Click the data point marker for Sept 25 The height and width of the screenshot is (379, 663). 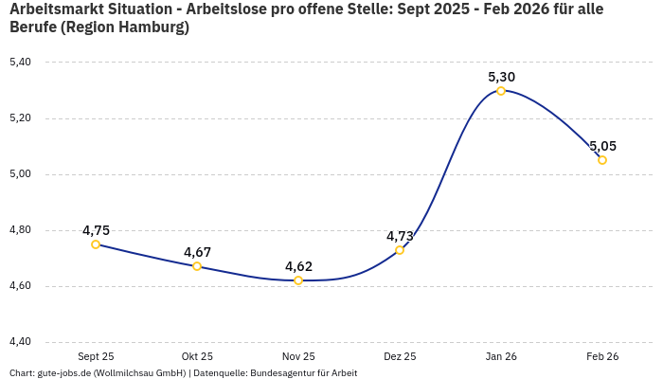coord(96,244)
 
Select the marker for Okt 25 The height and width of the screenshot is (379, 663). coord(197,266)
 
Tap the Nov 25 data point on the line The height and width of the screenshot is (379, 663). coord(298,280)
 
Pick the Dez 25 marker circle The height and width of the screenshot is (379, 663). coord(400,250)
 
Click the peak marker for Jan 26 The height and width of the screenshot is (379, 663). coord(501,91)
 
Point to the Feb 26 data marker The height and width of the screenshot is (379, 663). coord(602,160)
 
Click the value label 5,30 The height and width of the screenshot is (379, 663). coord(501,77)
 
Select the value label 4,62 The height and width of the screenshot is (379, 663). coord(298,266)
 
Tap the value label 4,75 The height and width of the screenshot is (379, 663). coord(96,230)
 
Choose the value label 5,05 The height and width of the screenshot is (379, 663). coord(602,146)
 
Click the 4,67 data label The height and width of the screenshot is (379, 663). coord(197,252)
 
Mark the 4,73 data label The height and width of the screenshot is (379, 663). coord(400,236)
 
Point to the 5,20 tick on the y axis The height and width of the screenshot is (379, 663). coord(20,118)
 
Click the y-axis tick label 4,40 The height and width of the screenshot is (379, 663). coord(20,342)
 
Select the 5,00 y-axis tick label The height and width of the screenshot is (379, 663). coord(20,174)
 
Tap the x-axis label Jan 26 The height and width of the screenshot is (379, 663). coord(501,356)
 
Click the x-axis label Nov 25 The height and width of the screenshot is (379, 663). coord(298,356)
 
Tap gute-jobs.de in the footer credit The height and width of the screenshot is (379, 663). coord(64,373)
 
